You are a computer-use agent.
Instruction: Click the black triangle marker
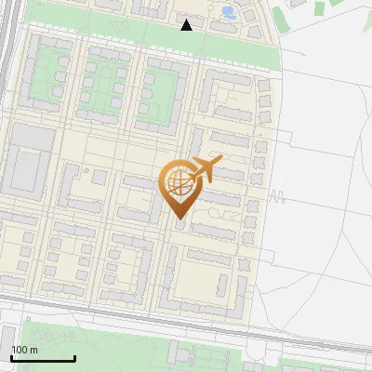pos(186,24)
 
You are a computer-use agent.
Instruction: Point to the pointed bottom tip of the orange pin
pos(179,219)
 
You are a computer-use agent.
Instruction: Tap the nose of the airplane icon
pos(220,161)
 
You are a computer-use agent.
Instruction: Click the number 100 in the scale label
pos(19,350)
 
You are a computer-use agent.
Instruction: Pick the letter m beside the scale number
pos(33,350)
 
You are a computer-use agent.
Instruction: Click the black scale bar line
pos(42,358)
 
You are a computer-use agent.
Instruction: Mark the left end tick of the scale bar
pos(11,356)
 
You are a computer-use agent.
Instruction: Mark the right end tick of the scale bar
pos(74,356)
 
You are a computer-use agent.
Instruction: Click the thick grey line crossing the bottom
pos(186,322)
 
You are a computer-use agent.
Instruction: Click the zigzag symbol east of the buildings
pos(276,197)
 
